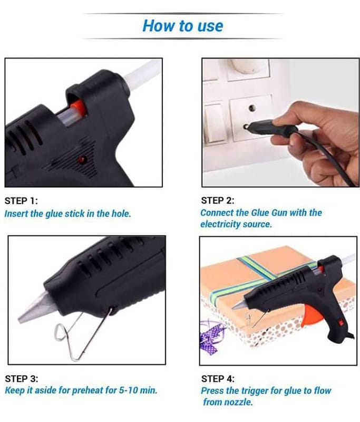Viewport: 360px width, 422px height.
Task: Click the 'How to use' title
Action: tap(183, 26)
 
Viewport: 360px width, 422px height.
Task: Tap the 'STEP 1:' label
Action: tap(21, 201)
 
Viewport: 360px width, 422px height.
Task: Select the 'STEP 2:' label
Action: tap(218, 200)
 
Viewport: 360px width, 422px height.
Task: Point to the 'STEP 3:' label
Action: tap(22, 379)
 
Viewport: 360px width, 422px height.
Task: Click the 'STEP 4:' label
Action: tap(218, 379)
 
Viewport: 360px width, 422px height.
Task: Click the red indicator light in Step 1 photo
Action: tap(82, 160)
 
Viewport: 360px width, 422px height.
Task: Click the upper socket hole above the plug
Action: tap(252, 108)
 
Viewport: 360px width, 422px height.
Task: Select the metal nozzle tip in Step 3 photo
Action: tap(33, 308)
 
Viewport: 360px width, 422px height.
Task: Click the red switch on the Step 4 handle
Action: tap(340, 323)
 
